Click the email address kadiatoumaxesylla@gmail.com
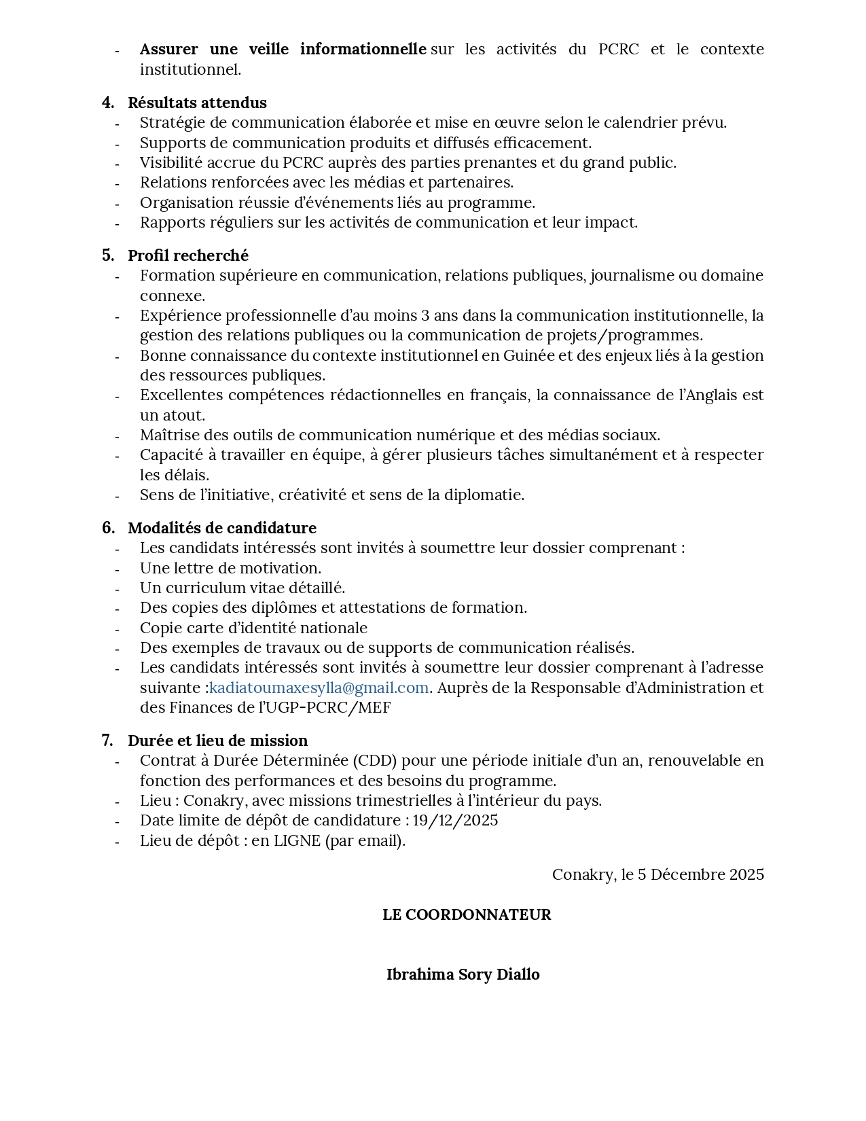pyautogui.click(x=319, y=688)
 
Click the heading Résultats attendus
pyautogui.click(x=197, y=103)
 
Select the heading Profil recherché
pyautogui.click(x=188, y=255)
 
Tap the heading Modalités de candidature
pyautogui.click(x=222, y=528)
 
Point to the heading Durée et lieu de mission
pyautogui.click(x=217, y=741)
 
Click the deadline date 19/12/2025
pyautogui.click(x=455, y=820)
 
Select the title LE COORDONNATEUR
pyautogui.click(x=467, y=914)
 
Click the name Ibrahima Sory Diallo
pyautogui.click(x=463, y=974)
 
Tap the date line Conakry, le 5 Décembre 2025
pyautogui.click(x=657, y=874)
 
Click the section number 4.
pyautogui.click(x=107, y=103)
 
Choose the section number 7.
pyautogui.click(x=107, y=741)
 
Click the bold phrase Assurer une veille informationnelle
pyautogui.click(x=283, y=49)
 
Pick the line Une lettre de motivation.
pyautogui.click(x=230, y=568)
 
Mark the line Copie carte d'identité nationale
pyautogui.click(x=253, y=628)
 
